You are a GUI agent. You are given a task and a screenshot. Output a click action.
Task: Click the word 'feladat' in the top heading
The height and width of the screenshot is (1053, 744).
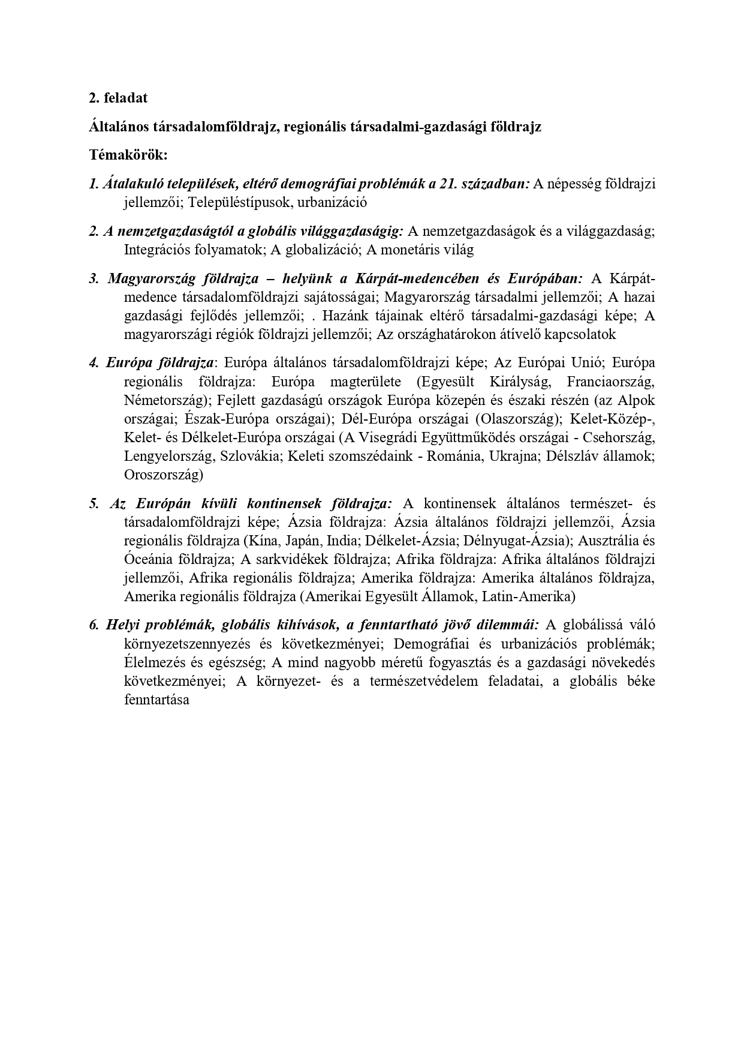(125, 98)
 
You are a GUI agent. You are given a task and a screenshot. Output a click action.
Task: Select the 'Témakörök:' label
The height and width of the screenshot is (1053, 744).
(128, 155)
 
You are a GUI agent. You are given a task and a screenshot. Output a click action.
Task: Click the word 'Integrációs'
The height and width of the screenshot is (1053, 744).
(158, 250)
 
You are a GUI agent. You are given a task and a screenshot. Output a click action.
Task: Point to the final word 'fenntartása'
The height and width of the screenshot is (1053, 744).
(156, 700)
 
